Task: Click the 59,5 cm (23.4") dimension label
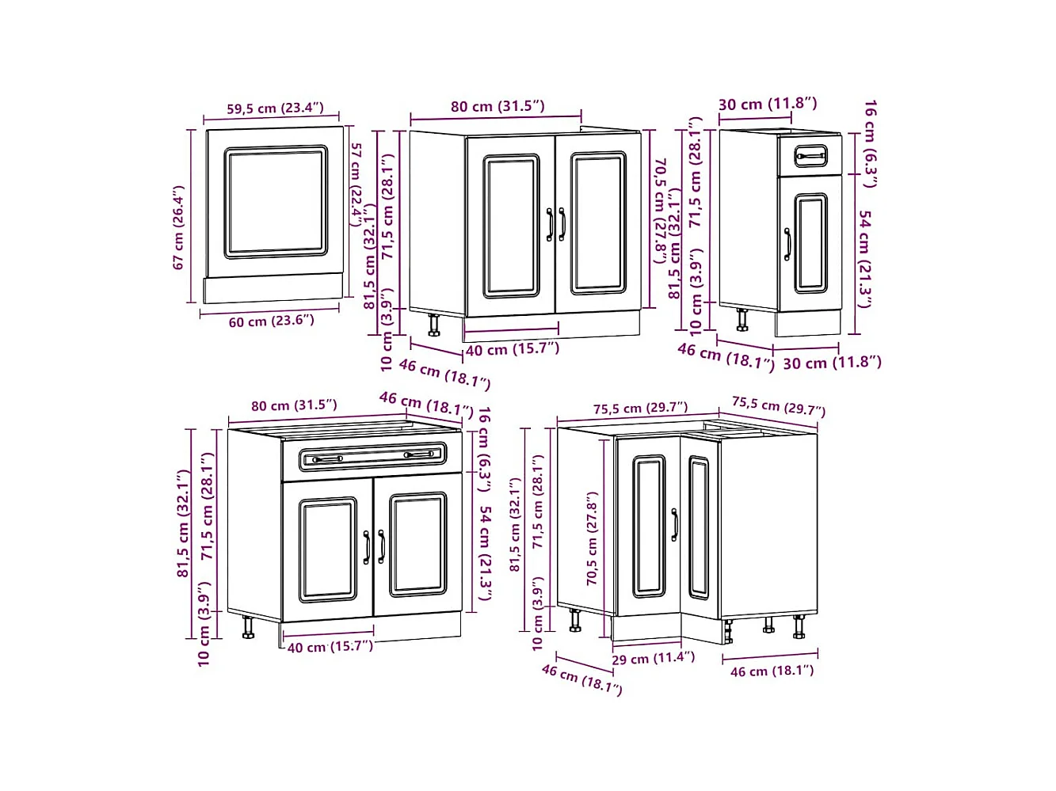pyautogui.click(x=275, y=108)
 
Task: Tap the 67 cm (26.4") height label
pyautogui.click(x=179, y=227)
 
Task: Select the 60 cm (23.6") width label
pyautogui.click(x=272, y=321)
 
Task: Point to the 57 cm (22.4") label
pyautogui.click(x=357, y=184)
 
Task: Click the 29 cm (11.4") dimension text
pyautogui.click(x=653, y=657)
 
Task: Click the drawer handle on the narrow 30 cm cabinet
pyautogui.click(x=810, y=156)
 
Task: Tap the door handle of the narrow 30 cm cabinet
pyautogui.click(x=787, y=244)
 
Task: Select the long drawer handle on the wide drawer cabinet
pyautogui.click(x=372, y=456)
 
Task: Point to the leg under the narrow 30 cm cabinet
pyautogui.click(x=742, y=320)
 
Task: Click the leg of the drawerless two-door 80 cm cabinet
pyautogui.click(x=434, y=325)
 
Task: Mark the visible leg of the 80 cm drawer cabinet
pyautogui.click(x=248, y=627)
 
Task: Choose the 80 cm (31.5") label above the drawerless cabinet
pyautogui.click(x=498, y=106)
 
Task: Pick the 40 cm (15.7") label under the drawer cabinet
pyautogui.click(x=330, y=646)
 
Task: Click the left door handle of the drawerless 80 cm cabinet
pyautogui.click(x=549, y=224)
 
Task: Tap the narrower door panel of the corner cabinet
pyautogui.click(x=699, y=527)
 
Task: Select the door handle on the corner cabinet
pyautogui.click(x=674, y=525)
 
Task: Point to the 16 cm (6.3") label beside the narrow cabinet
pyautogui.click(x=870, y=143)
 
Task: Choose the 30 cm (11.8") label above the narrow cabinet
pyautogui.click(x=767, y=104)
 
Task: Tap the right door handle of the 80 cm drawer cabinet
pyautogui.click(x=381, y=546)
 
